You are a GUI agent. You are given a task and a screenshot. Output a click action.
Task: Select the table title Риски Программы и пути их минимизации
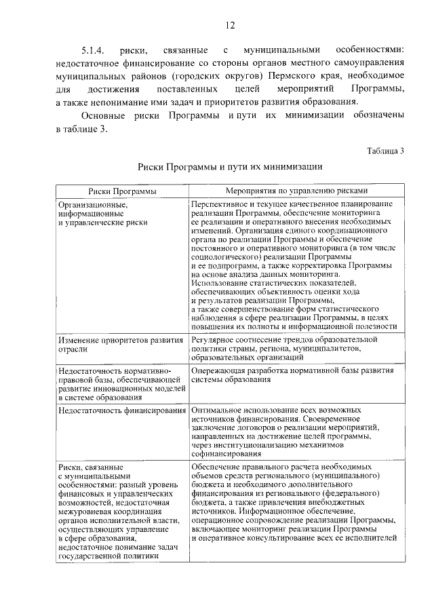[229, 166]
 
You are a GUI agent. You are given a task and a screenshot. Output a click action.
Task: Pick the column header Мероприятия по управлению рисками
[296, 191]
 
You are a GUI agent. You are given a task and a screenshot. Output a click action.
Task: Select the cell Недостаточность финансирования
[122, 411]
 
